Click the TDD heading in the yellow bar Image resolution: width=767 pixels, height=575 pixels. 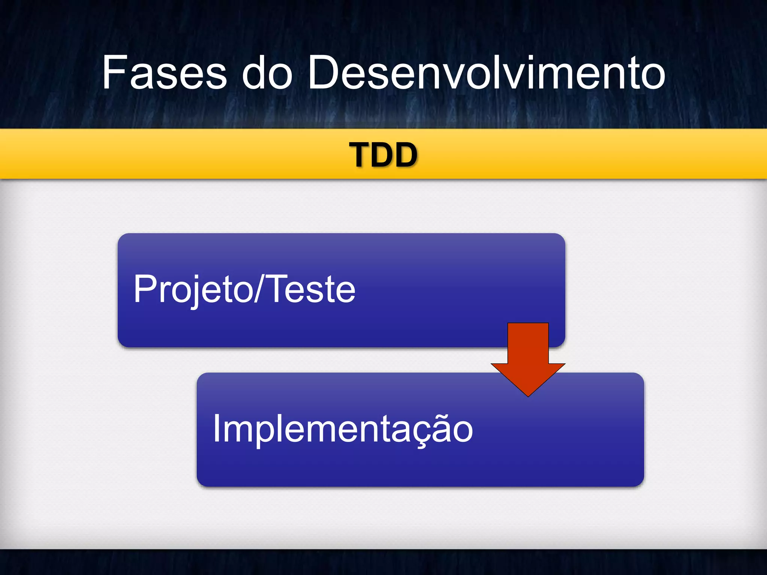pyautogui.click(x=383, y=155)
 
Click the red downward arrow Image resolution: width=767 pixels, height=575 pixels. pyautogui.click(x=528, y=356)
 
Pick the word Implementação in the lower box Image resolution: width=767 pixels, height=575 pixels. pyautogui.click(x=343, y=429)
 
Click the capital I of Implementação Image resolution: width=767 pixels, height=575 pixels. pyautogui.click(x=216, y=428)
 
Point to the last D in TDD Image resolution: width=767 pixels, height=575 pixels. pyautogui.click(x=404, y=155)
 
